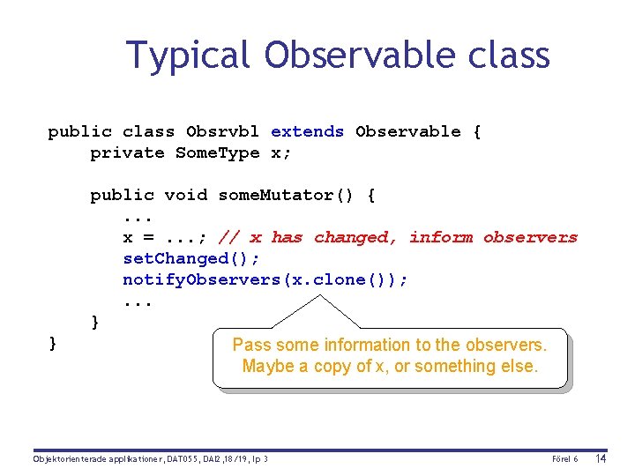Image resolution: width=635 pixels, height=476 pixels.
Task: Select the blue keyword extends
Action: click(x=307, y=131)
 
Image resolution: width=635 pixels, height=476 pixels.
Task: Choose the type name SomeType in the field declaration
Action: click(x=217, y=152)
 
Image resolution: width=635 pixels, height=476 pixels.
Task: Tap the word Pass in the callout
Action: click(x=250, y=345)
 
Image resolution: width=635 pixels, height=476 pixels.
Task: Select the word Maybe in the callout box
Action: click(x=268, y=366)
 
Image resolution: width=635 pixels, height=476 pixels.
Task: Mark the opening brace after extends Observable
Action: click(x=476, y=131)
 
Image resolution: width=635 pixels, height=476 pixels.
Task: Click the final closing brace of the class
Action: click(x=53, y=343)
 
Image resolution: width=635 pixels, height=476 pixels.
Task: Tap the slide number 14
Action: click(x=601, y=458)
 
